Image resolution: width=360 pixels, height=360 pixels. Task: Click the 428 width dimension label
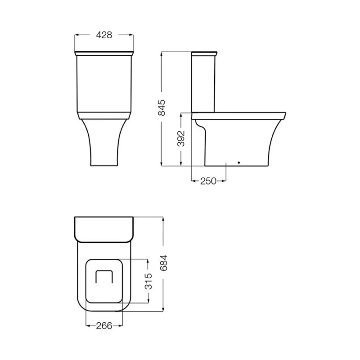coord(104,35)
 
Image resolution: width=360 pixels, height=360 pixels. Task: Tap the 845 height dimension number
coord(162,108)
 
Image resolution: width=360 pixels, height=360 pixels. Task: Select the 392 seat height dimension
coord(181,139)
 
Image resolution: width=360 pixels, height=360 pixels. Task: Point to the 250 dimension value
coord(208,181)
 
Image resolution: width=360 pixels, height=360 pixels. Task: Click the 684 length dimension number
coord(164,263)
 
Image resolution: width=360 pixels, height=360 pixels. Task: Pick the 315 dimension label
coord(148,281)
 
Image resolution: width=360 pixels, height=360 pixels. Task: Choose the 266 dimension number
coord(104,325)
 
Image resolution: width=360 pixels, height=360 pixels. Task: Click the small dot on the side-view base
coord(239,162)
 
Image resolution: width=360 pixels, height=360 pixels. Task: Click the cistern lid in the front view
coord(104,53)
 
